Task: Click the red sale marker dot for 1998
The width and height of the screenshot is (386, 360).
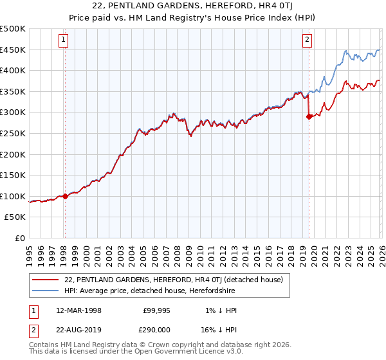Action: (x=65, y=197)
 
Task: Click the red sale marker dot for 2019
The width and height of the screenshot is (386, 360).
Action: (x=309, y=116)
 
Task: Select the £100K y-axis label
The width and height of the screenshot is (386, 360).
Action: (x=13, y=197)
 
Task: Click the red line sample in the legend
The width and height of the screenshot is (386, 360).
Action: (x=45, y=280)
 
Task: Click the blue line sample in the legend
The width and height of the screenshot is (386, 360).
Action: (x=45, y=291)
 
